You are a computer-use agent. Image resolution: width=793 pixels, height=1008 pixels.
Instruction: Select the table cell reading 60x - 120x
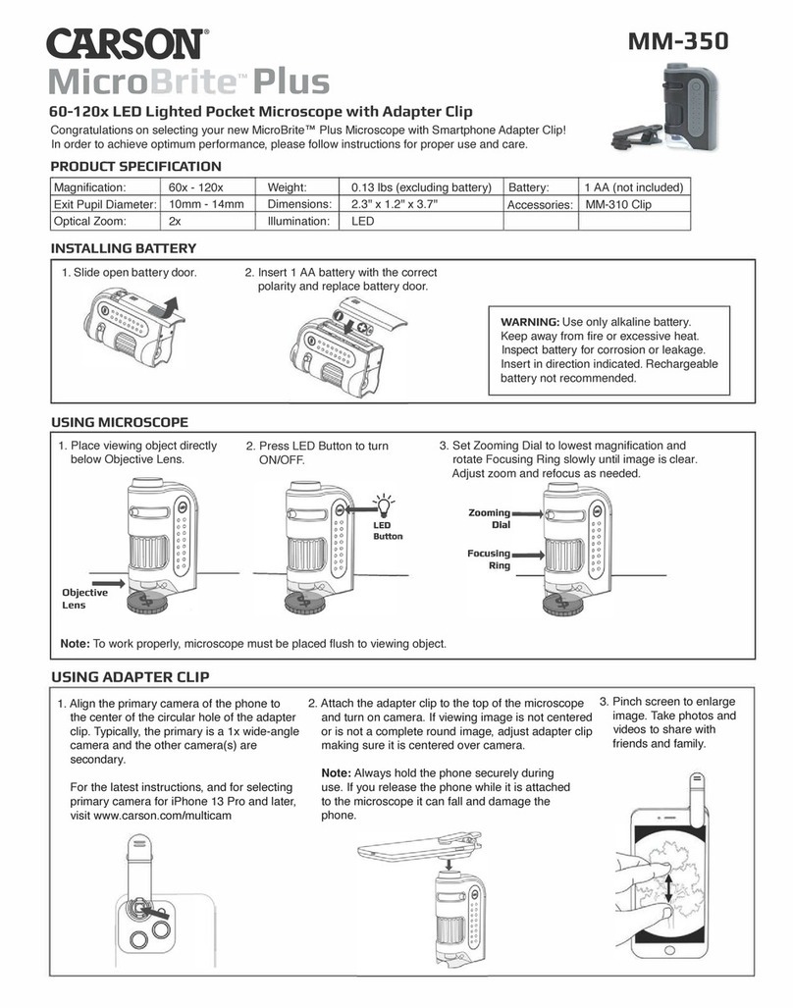(197, 187)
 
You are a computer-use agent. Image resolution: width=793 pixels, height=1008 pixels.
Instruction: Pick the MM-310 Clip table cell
(618, 205)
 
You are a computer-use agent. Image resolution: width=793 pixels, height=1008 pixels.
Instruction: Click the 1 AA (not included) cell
(633, 187)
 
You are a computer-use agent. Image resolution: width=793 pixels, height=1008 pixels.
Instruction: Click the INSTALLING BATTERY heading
(123, 248)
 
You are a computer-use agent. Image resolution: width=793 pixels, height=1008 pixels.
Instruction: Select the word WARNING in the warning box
(530, 322)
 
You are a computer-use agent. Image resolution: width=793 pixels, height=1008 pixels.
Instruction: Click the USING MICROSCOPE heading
(119, 422)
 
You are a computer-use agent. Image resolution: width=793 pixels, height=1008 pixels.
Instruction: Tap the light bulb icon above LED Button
(386, 504)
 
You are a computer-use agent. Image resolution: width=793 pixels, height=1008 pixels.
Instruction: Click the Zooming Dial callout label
(489, 518)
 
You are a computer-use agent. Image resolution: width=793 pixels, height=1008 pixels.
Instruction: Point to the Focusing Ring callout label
(489, 559)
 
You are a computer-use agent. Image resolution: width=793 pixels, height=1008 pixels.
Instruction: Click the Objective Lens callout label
(84, 599)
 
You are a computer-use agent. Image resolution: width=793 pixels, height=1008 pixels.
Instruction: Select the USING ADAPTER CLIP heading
(129, 677)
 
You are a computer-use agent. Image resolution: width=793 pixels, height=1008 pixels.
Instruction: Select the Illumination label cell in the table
(297, 222)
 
